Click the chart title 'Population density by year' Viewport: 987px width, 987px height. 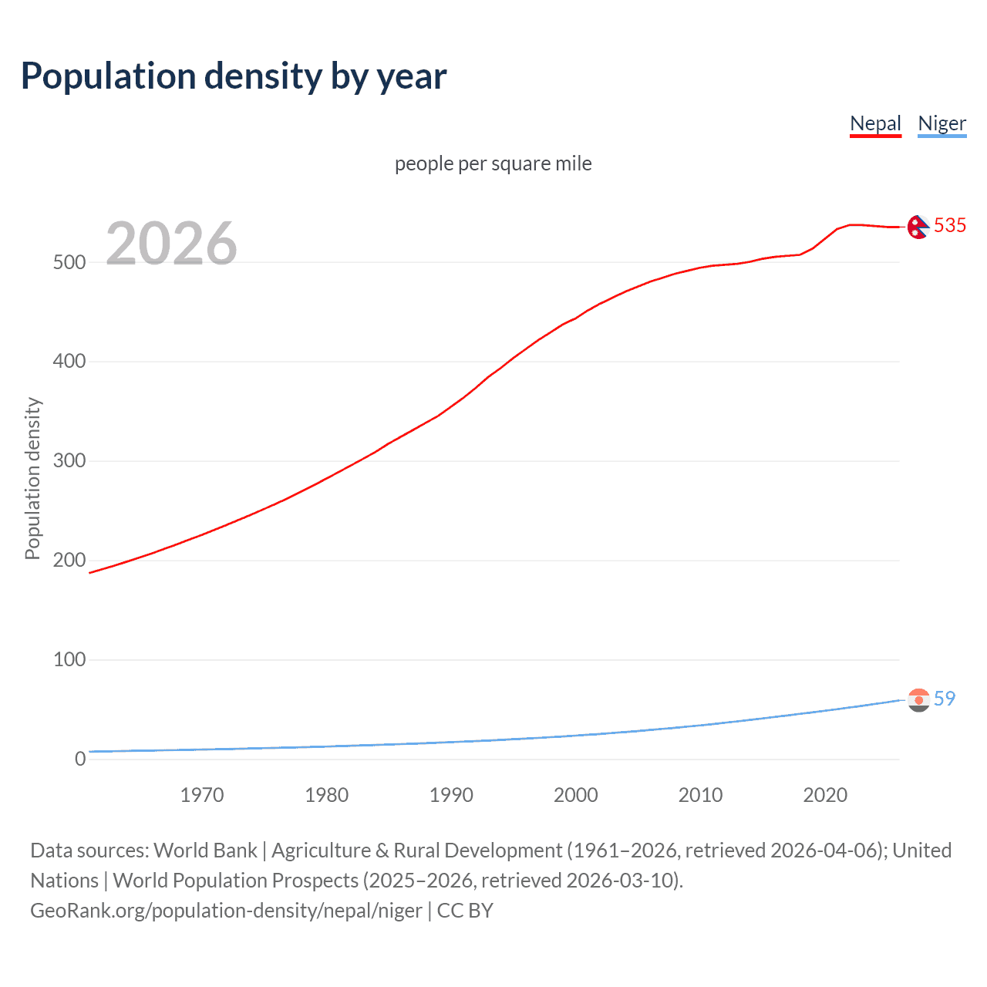pos(234,76)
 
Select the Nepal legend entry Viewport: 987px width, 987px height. pos(875,123)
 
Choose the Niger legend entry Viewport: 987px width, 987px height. pos(942,123)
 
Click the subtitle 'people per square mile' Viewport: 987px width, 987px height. pos(493,163)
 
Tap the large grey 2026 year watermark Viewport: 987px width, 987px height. pos(171,244)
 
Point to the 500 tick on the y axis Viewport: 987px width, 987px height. pos(69,262)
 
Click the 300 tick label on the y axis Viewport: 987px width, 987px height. pos(69,461)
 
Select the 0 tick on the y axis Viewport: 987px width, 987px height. pos(80,759)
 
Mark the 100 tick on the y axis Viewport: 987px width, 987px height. pos(69,659)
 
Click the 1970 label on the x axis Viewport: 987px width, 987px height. pos(202,795)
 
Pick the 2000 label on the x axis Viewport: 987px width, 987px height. pos(576,795)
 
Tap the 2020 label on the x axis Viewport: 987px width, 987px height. pos(825,795)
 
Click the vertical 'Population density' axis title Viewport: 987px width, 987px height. pos(32,478)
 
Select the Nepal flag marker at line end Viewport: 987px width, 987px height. pos(918,227)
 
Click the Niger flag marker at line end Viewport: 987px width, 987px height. pos(918,699)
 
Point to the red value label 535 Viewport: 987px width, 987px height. pos(949,225)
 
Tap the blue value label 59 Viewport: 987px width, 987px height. pos(945,699)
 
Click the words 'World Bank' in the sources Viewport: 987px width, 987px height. pos(205,851)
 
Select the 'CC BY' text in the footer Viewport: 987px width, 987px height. pos(465,911)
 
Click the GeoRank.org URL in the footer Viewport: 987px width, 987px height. pos(226,911)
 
